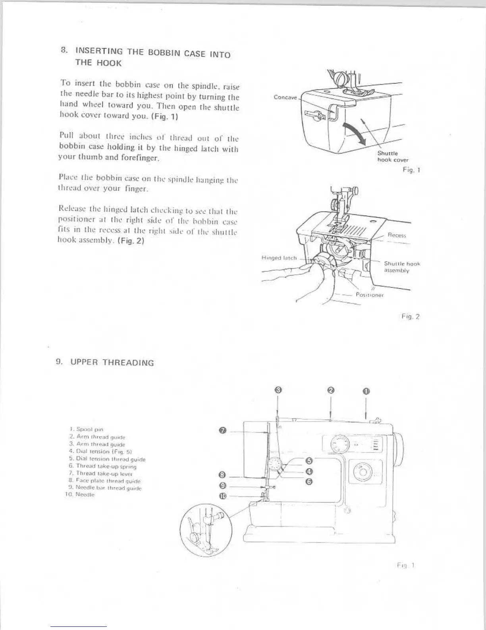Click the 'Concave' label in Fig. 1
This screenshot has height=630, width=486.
pyautogui.click(x=285, y=97)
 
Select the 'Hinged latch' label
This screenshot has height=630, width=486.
pyautogui.click(x=279, y=258)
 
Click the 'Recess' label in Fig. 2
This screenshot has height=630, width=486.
pyautogui.click(x=397, y=235)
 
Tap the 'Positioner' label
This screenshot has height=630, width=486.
pyautogui.click(x=369, y=295)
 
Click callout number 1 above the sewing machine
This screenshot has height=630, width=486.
pyautogui.click(x=366, y=391)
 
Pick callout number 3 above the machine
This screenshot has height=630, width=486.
pyautogui.click(x=278, y=390)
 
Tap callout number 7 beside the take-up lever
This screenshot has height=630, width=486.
pyautogui.click(x=223, y=431)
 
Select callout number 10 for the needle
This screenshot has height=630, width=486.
pyautogui.click(x=223, y=496)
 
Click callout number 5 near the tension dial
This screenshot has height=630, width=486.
pyautogui.click(x=310, y=461)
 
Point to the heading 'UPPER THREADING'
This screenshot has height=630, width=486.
pyautogui.click(x=112, y=362)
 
